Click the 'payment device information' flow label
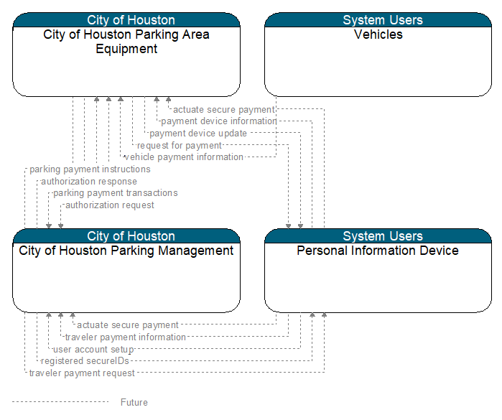[x=218, y=121]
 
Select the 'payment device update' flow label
[x=198, y=133]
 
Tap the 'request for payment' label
[x=180, y=145]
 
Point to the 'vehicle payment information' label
[x=184, y=157]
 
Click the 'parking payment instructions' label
[x=90, y=169]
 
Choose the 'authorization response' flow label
[x=89, y=182]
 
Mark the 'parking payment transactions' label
[x=115, y=193]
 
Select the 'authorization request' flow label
[x=110, y=205]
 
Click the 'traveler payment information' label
[x=126, y=337]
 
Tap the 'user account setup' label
[x=93, y=349]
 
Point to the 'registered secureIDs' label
[x=85, y=361]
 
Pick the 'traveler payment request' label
[x=82, y=373]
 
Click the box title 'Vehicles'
[x=378, y=34]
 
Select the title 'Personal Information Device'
[x=378, y=251]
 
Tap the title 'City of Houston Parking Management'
[x=126, y=251]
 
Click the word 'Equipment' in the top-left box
[x=126, y=49]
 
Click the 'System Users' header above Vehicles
[x=383, y=20]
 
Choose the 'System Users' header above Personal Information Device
[x=383, y=236]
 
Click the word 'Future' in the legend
[x=134, y=402]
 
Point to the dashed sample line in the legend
[x=60, y=402]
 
